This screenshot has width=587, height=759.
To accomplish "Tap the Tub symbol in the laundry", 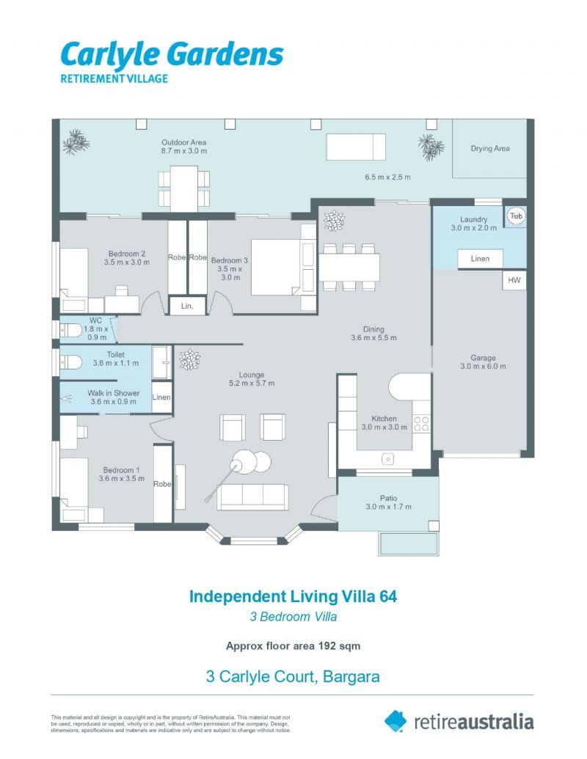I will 516,216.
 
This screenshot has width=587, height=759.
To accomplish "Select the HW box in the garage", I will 514,280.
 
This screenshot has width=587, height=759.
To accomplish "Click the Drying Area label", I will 490,149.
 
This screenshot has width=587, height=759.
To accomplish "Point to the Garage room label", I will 483,358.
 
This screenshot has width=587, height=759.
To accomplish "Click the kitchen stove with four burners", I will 422,423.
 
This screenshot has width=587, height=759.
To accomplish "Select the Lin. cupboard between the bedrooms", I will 186,306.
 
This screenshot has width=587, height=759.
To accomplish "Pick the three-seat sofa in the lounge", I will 252,497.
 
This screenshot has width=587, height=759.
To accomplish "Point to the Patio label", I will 388,498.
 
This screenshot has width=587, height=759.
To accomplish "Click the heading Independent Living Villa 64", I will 293,596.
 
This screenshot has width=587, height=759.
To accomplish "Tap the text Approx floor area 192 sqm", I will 293,646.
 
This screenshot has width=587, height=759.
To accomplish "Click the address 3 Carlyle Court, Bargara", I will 293,676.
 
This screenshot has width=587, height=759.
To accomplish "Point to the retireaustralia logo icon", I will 395,721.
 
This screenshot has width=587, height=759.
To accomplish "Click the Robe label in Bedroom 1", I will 162,484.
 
